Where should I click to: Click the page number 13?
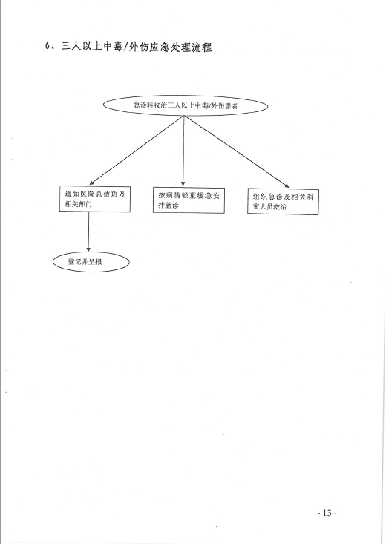tap(327, 513)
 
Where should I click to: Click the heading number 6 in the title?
tap(48, 46)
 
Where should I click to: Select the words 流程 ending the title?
tap(202, 47)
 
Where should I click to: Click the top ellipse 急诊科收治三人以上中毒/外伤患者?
tap(186, 105)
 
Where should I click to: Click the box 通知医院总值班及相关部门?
tap(95, 199)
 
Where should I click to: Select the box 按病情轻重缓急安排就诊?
tap(189, 200)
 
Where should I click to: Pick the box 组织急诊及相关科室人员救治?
tap(283, 202)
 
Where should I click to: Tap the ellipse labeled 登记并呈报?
tap(91, 261)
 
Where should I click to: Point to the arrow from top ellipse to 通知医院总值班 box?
tap(137, 150)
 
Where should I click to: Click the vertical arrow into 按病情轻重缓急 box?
tap(183, 151)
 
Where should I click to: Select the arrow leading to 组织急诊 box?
tap(237, 151)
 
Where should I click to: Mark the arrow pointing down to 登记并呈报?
tap(88, 232)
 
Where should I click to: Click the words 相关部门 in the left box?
tap(79, 204)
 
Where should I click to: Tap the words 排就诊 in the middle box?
tap(169, 206)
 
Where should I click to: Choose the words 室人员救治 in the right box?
tap(269, 207)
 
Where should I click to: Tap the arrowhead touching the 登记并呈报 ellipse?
tap(88, 249)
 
